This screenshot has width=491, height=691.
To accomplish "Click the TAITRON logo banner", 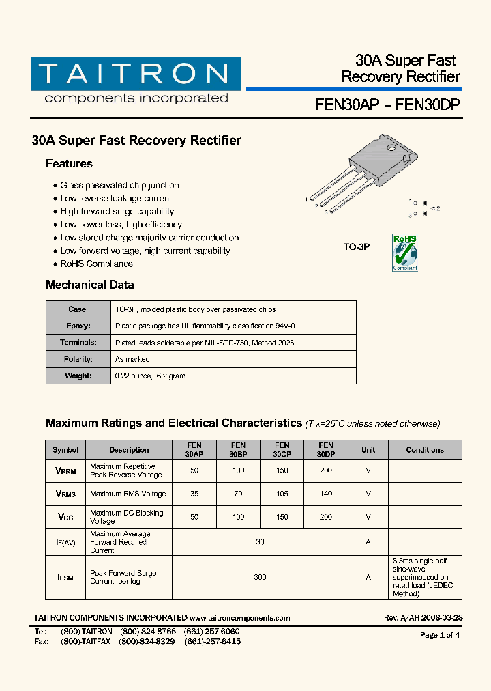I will click(x=135, y=74).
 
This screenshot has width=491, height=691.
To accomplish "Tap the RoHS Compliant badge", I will click(x=404, y=253).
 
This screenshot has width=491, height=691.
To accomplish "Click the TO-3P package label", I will click(x=356, y=246).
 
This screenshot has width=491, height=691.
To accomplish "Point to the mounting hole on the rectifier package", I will click(x=391, y=147).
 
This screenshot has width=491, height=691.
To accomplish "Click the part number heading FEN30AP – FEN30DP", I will click(x=387, y=105).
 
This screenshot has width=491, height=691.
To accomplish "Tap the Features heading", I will click(x=69, y=164).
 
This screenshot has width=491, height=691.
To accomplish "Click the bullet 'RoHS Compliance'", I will click(x=96, y=264).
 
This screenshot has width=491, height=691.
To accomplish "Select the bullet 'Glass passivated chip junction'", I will click(x=119, y=186).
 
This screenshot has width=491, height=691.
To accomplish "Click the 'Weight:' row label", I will click(x=78, y=376).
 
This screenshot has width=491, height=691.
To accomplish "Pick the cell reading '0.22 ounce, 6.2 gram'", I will click(x=150, y=376).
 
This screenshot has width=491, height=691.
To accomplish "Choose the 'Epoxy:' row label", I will click(x=78, y=326).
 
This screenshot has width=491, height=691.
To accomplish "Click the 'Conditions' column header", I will click(x=424, y=450).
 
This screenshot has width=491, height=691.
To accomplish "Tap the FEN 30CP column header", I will click(x=282, y=449).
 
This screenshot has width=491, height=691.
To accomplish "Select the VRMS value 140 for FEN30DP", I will click(x=326, y=494).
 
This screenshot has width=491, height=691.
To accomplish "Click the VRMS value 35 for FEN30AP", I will click(x=194, y=494).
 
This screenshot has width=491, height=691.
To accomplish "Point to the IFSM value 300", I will click(x=260, y=577).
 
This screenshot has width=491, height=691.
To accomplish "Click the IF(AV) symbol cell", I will click(x=65, y=542).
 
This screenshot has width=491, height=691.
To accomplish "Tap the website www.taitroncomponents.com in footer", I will click(x=239, y=618).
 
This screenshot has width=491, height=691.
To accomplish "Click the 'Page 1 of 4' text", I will click(x=440, y=635).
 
